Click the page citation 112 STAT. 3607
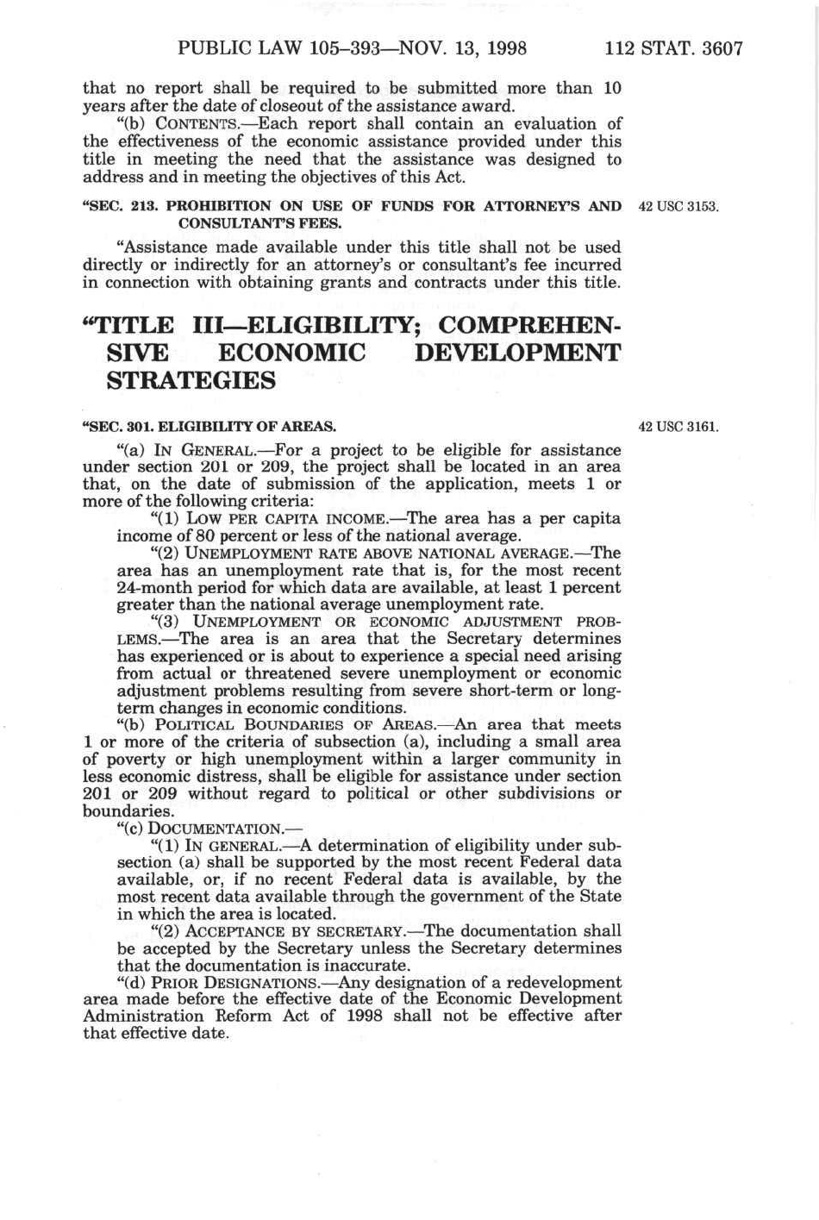click(x=673, y=48)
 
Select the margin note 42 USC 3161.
click(x=678, y=426)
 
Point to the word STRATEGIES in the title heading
click(x=191, y=380)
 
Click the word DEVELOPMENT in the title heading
click(x=517, y=353)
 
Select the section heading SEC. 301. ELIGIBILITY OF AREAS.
click(x=209, y=426)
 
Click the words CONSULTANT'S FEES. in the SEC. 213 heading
click(x=259, y=223)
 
